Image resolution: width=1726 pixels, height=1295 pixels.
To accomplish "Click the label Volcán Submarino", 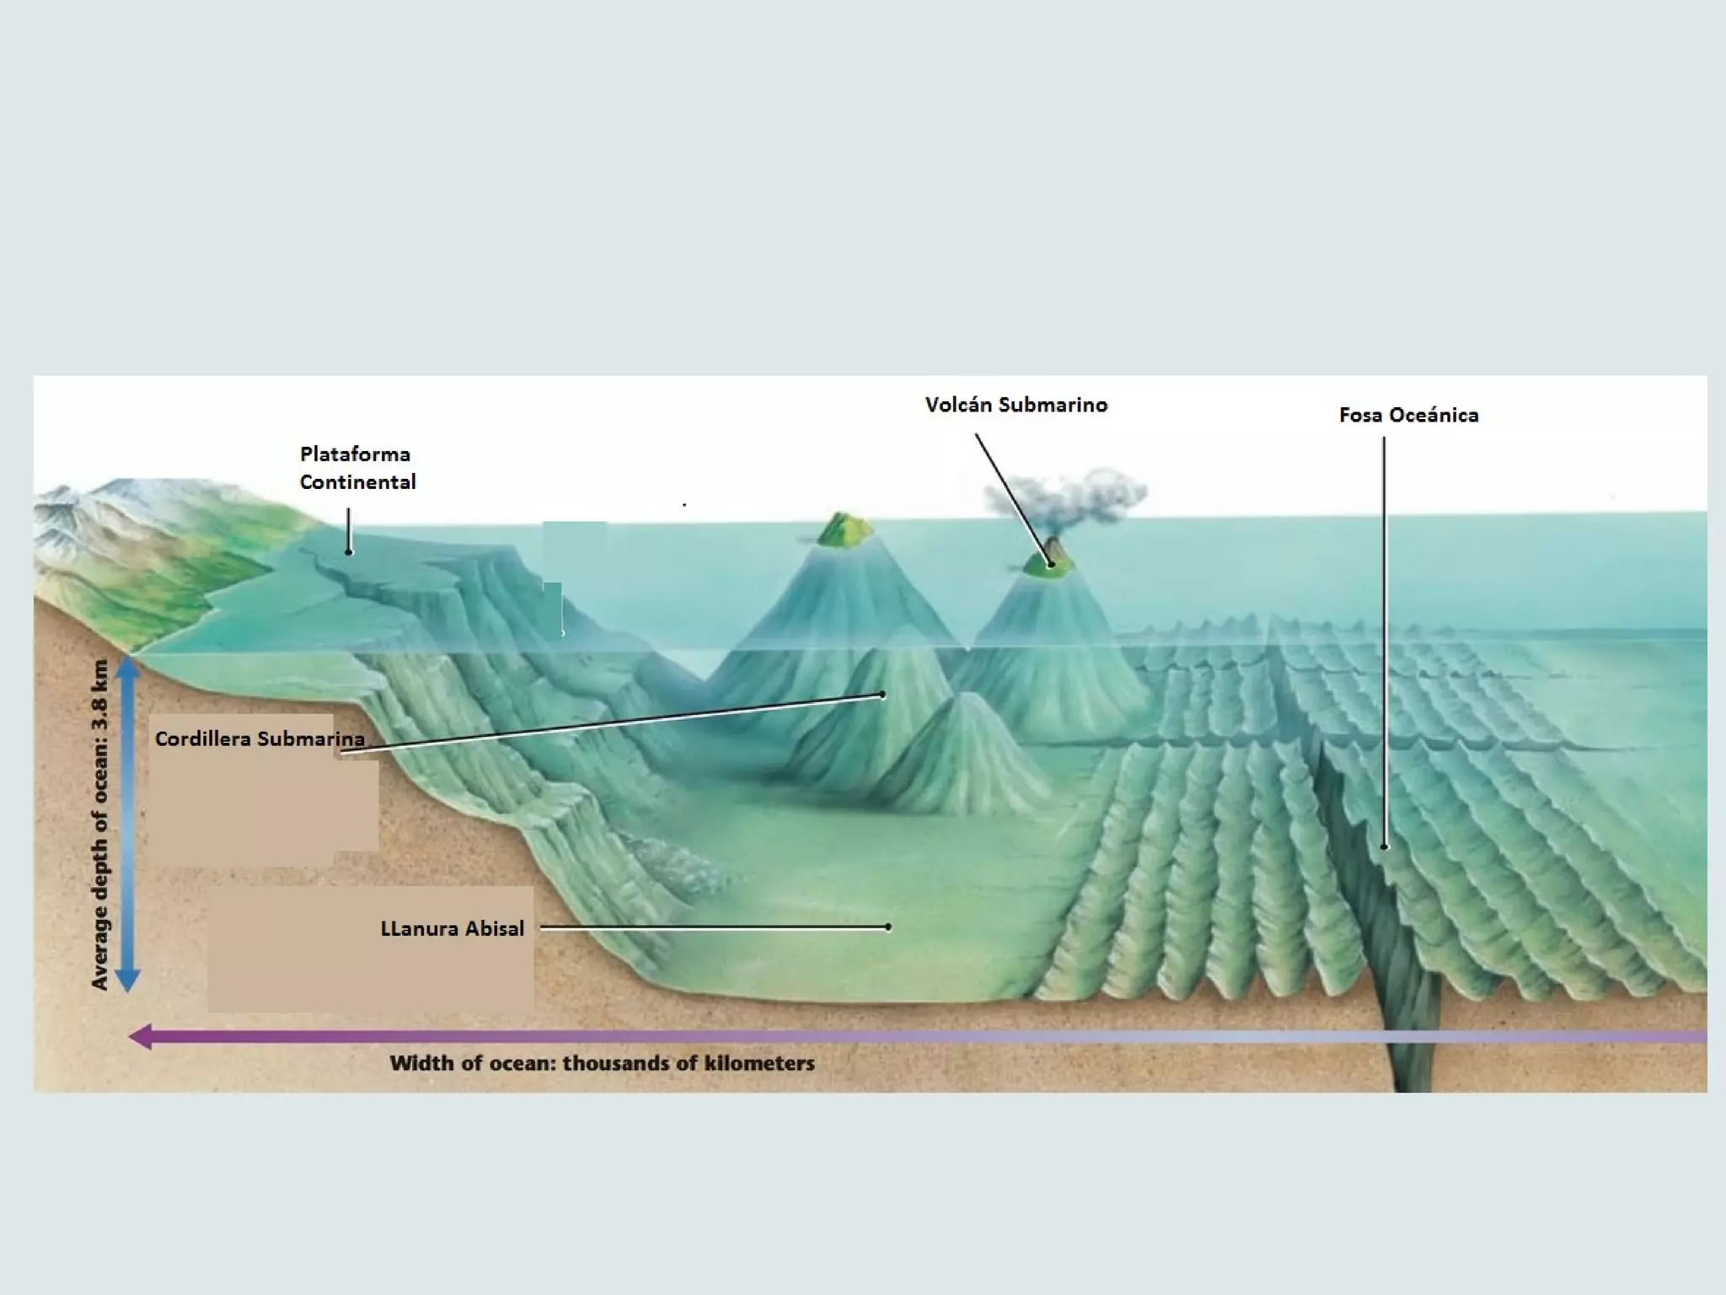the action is click(x=1016, y=406).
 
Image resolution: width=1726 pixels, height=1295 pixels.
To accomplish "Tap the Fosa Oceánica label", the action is click(x=1408, y=416).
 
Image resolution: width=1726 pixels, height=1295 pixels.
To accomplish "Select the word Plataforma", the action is click(x=355, y=454).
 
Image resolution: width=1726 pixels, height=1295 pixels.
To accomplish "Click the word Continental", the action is click(x=357, y=482).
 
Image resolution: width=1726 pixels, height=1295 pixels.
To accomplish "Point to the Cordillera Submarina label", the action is click(x=260, y=739).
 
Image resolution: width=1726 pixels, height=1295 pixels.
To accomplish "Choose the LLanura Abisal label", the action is click(x=452, y=928).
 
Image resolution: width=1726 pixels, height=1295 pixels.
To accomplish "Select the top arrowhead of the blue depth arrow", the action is click(x=127, y=669).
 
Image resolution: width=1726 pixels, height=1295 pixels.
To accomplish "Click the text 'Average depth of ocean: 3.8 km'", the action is click(x=100, y=824).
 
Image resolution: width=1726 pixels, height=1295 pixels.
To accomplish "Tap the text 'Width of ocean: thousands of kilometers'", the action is click(x=602, y=1063).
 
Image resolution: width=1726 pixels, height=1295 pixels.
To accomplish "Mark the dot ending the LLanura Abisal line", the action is click(x=888, y=927).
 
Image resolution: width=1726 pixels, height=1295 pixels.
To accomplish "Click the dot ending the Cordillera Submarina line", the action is click(x=882, y=696).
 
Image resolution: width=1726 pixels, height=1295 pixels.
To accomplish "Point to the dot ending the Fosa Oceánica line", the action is click(x=1384, y=846).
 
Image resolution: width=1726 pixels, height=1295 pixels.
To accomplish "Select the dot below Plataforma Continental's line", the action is click(x=349, y=552).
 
